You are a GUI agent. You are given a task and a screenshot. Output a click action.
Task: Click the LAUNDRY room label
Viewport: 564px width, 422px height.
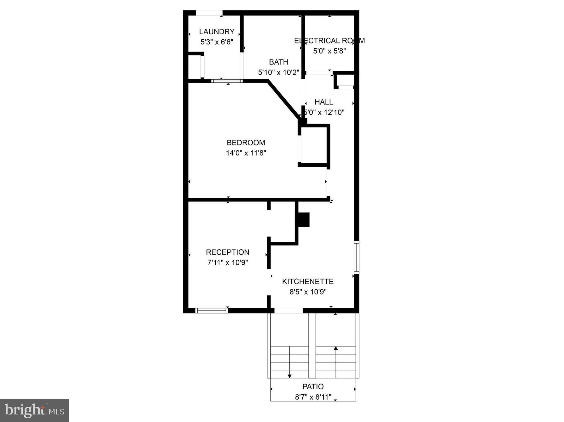[217, 31]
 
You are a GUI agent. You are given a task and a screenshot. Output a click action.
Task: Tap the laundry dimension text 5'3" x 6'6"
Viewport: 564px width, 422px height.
[217, 42]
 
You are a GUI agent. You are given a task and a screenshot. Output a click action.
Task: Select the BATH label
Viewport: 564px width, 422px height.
[278, 62]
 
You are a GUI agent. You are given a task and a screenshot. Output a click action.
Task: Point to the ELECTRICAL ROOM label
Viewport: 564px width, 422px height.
[329, 41]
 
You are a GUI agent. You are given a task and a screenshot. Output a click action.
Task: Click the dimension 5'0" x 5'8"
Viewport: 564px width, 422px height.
[329, 51]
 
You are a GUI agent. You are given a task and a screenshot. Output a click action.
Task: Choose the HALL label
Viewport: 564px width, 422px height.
[324, 102]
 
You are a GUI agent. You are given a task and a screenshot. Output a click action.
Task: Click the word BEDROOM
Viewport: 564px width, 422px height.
[246, 143]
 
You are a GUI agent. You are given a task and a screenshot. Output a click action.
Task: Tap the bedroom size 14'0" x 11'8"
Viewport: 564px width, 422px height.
[246, 153]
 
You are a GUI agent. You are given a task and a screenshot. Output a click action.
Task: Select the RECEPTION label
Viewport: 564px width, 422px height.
[227, 252]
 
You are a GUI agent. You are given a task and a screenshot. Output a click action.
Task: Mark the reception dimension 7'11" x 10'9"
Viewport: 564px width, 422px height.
[227, 262]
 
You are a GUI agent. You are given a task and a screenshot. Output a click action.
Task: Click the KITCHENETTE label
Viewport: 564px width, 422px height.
[308, 281]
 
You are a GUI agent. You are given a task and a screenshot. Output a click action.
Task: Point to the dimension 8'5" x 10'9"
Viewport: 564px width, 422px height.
[308, 292]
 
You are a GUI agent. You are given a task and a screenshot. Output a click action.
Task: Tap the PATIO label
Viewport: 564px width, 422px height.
[313, 386]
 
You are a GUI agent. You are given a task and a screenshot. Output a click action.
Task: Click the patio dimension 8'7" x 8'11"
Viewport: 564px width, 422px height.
[313, 397]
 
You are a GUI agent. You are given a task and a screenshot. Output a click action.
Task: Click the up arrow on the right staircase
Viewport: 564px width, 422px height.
[336, 348]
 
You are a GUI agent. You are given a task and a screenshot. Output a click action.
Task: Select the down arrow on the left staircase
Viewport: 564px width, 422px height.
[289, 376]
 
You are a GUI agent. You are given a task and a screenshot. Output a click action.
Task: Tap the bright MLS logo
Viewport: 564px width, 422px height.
[34, 410]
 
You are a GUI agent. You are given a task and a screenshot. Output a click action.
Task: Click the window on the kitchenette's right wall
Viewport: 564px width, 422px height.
[356, 257]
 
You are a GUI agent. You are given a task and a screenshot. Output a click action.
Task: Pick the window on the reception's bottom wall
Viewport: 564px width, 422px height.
[212, 311]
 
